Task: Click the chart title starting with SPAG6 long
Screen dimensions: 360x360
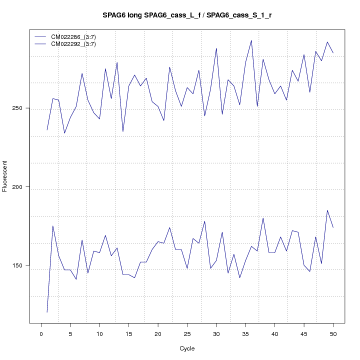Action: pyautogui.click(x=187, y=15)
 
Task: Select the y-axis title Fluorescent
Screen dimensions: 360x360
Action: pyautogui.click(x=5, y=176)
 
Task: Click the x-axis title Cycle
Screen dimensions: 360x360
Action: pyautogui.click(x=186, y=348)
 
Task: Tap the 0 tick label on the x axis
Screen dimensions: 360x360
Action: pyautogui.click(x=41, y=333)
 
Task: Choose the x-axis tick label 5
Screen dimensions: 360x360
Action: pyautogui.click(x=70, y=333)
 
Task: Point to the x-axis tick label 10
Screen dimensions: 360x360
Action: pyautogui.click(x=99, y=333)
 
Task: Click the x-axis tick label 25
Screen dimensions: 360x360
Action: pyautogui.click(x=187, y=333)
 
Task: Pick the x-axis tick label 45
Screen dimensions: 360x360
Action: pyautogui.click(x=304, y=333)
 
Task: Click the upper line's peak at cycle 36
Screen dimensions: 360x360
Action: pyautogui.click(x=251, y=40)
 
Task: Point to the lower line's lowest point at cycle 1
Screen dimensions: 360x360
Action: pyautogui.click(x=47, y=312)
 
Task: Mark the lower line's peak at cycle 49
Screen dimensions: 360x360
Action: pyautogui.click(x=327, y=210)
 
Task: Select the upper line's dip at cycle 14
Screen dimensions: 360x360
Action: pyautogui.click(x=123, y=131)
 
